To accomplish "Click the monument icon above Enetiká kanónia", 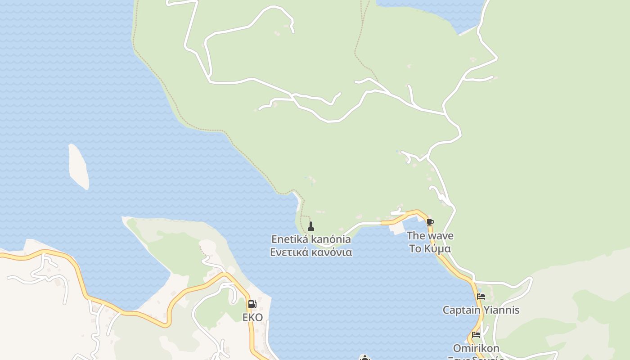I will pos(310,226).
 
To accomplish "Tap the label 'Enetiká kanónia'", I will pos(311,239).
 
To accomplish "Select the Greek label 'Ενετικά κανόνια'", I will pos(311,252).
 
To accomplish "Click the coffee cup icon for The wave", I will pos(430,222).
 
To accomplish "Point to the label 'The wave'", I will pos(430,235).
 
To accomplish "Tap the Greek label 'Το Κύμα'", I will pos(430,248).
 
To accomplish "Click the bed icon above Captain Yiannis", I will pos(481,297).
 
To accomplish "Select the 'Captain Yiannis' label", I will pos(481,310).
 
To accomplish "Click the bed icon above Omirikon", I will pos(476,335).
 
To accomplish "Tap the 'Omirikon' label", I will pos(476,348).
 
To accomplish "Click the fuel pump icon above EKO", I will pos(252,304).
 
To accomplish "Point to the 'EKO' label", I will pos(252,317).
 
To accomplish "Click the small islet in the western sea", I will pos(78,166).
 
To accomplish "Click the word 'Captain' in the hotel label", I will pos(462,310).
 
